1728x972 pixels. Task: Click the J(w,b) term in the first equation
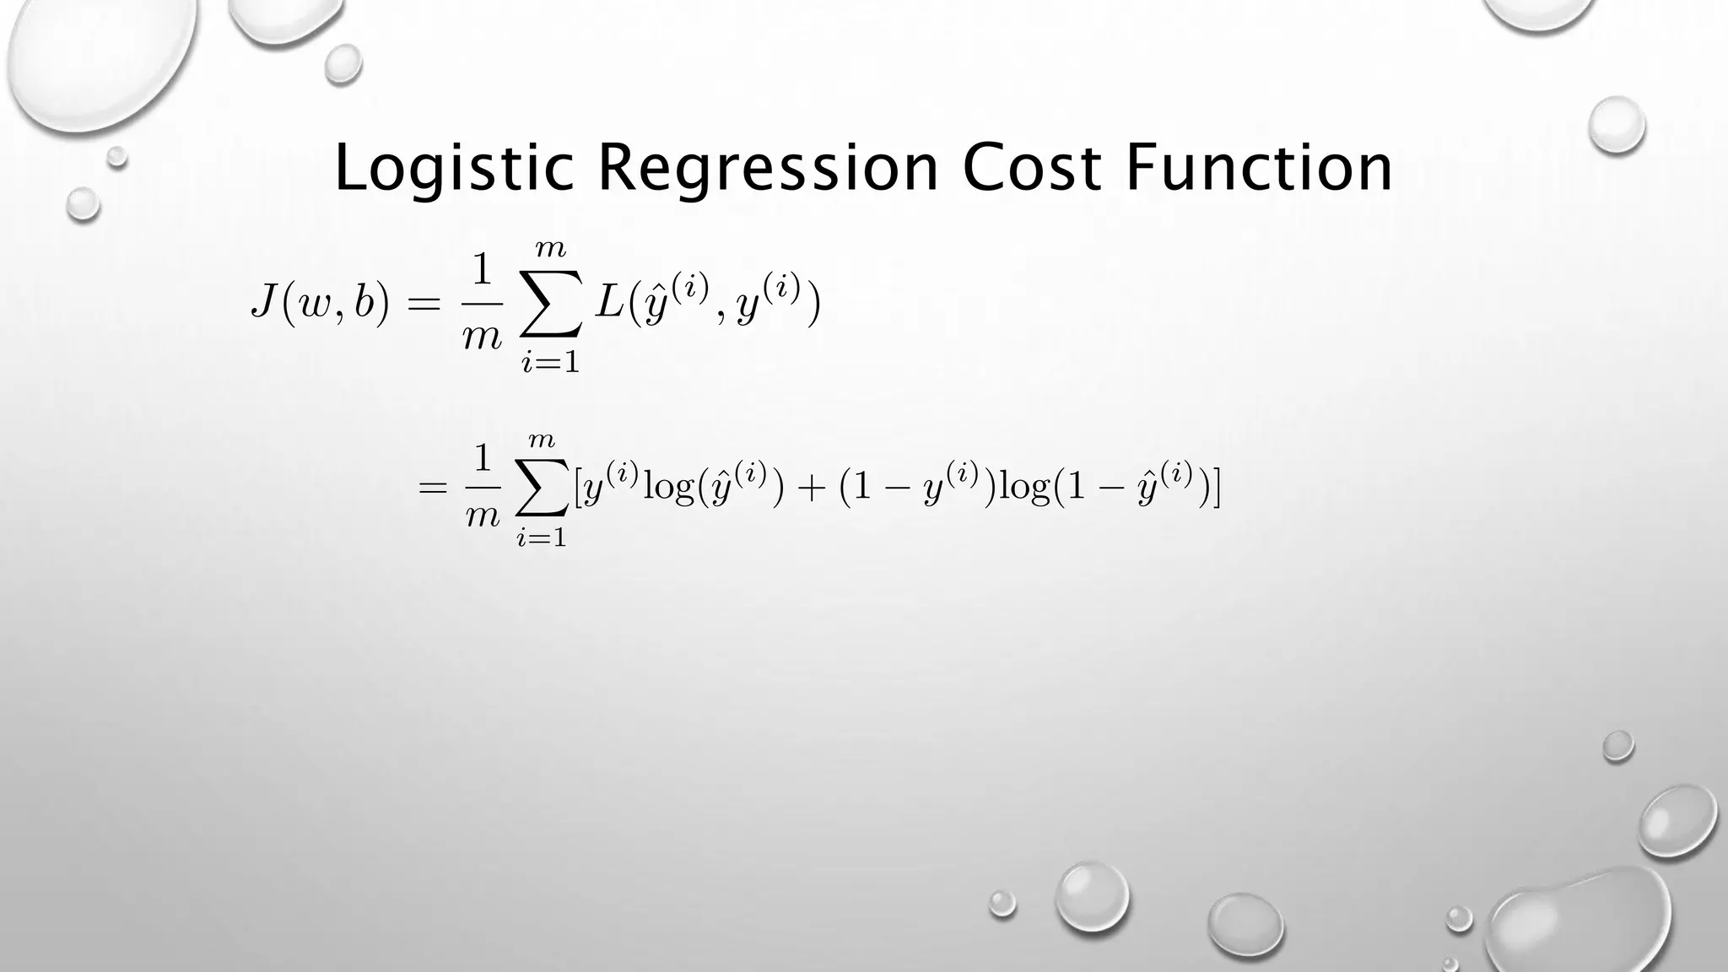pos(321,304)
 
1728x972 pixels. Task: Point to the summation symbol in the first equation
pos(551,304)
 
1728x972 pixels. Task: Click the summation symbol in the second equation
pos(542,489)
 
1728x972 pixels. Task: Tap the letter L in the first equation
pos(608,302)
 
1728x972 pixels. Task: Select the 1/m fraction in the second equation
pos(483,488)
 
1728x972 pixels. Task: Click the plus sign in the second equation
pos(812,489)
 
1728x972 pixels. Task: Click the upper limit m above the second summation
pos(542,440)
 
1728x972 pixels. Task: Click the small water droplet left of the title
pos(83,203)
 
